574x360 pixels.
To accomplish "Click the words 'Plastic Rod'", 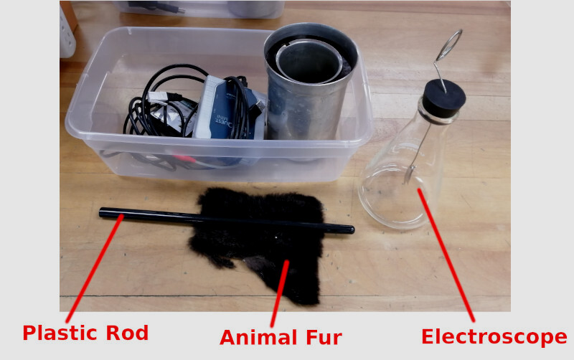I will (85, 333).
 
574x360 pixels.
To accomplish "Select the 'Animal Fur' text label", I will (281, 338).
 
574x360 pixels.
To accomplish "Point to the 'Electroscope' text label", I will (494, 337).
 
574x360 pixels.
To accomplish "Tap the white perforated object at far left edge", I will (67, 33).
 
